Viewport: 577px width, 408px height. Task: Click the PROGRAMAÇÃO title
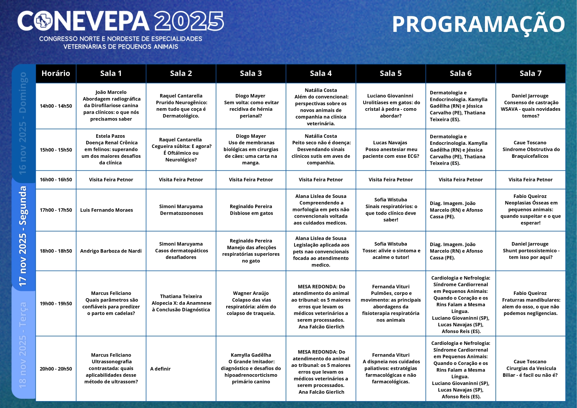click(x=478, y=25)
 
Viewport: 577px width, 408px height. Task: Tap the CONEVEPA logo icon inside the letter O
click(x=44, y=21)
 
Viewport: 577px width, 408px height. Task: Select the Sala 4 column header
click(x=321, y=73)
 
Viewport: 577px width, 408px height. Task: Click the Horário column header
click(x=56, y=73)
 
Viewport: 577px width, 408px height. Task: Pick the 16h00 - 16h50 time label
click(x=56, y=180)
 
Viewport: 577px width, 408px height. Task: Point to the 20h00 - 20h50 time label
click(x=56, y=369)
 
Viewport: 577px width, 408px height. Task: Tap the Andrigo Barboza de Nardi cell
click(x=111, y=251)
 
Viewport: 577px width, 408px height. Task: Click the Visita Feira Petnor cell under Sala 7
click(x=530, y=180)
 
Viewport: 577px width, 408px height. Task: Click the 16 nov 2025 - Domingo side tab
click(x=23, y=123)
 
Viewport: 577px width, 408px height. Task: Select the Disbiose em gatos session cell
click(x=251, y=210)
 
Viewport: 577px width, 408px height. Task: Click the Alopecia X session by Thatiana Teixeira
click(x=181, y=303)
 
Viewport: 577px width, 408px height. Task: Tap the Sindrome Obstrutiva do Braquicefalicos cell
click(x=530, y=149)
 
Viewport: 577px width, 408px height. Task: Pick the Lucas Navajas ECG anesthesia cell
click(x=391, y=149)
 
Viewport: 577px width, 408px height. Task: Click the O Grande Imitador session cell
click(x=251, y=368)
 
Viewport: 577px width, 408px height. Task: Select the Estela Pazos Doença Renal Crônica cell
click(x=111, y=149)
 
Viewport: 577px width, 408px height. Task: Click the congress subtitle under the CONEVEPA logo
click(x=121, y=43)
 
